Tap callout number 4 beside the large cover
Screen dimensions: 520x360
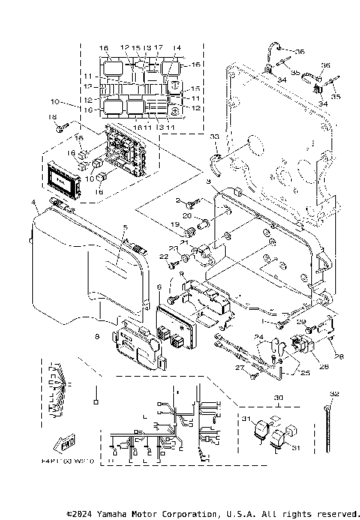click(32, 203)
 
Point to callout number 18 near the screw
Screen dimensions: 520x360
click(52, 117)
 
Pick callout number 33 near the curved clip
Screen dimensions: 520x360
click(214, 137)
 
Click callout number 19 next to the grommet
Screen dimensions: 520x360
click(172, 224)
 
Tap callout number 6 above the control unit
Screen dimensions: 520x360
click(158, 287)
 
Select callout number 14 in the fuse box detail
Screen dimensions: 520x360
click(177, 47)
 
